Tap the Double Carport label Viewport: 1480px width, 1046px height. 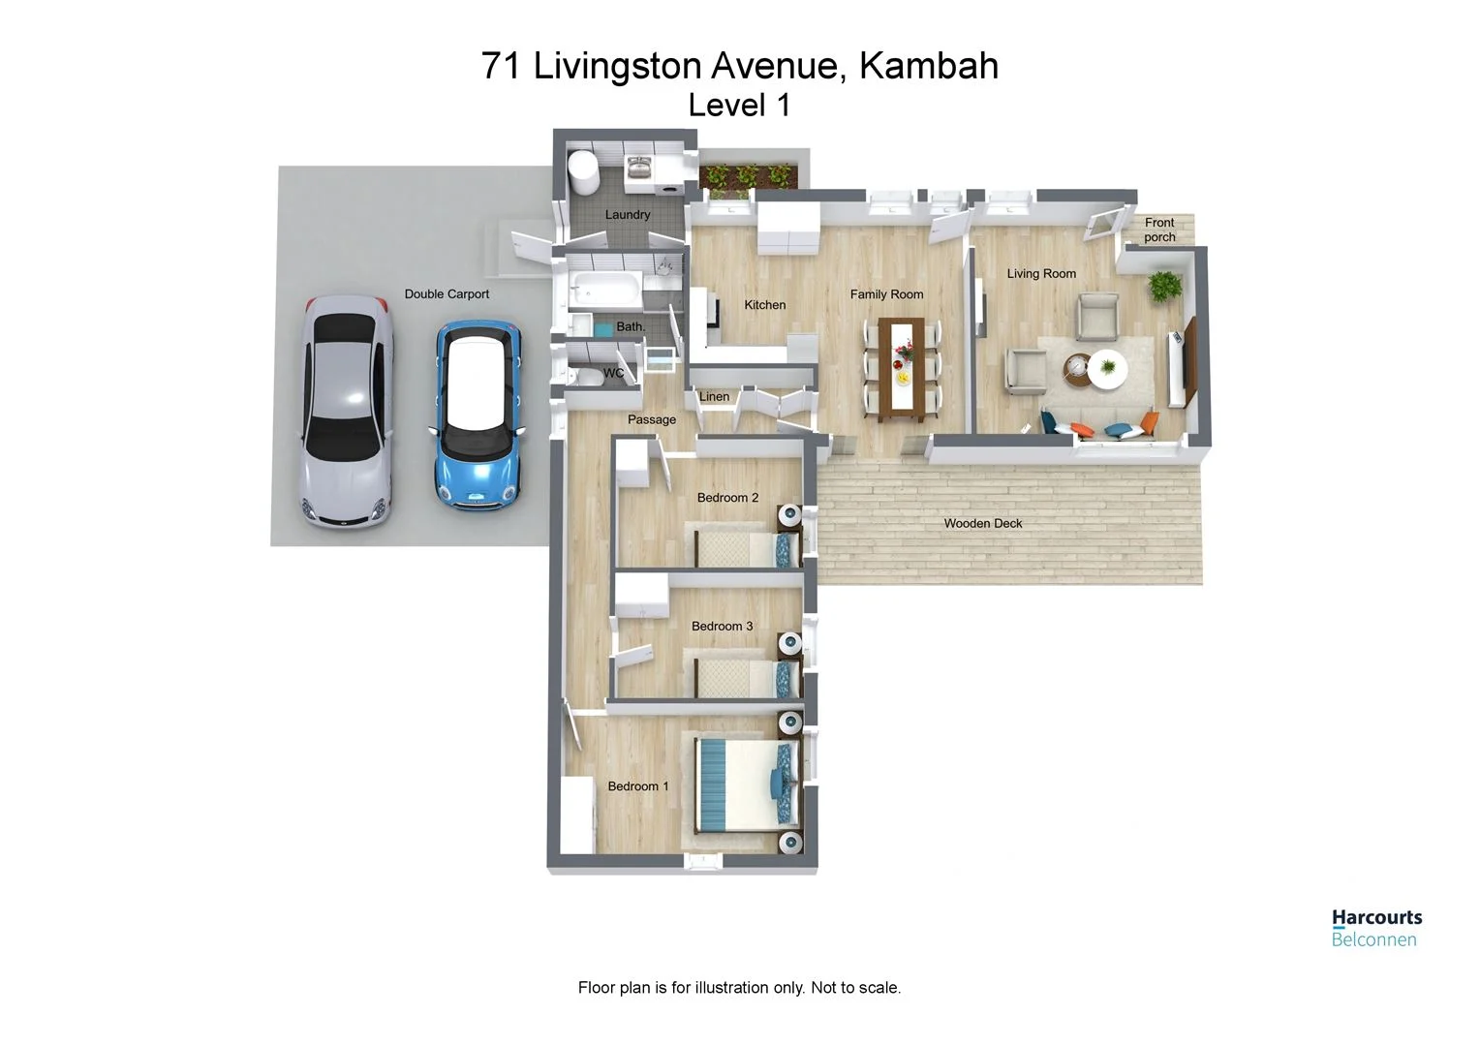(x=447, y=294)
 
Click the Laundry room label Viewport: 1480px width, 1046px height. (x=628, y=215)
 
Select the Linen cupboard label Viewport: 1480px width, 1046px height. (x=714, y=397)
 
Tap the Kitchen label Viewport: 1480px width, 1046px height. (x=764, y=305)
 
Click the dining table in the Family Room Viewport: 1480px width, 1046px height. (x=903, y=371)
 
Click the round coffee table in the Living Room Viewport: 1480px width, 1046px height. (x=1107, y=368)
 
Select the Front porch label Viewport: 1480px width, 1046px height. (x=1159, y=230)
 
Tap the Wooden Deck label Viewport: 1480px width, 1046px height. (x=983, y=524)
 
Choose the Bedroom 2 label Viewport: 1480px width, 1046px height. (x=727, y=498)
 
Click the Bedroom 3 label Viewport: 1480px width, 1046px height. (x=722, y=627)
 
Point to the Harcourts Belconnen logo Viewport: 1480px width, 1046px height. (x=1375, y=927)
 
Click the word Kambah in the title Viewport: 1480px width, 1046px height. (x=928, y=66)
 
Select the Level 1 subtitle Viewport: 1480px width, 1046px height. (x=739, y=106)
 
